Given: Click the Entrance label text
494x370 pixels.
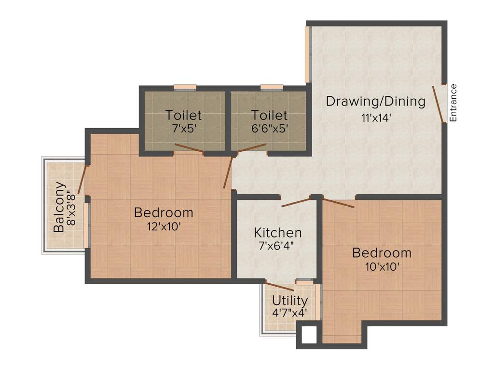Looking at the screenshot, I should [453, 103].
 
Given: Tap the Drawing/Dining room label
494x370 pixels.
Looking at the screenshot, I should [376, 102].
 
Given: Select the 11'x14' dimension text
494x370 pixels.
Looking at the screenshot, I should [375, 117].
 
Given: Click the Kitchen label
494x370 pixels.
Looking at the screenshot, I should [278, 233].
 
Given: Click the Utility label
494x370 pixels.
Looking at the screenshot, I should [289, 301].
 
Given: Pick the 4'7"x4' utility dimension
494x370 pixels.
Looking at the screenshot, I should [289, 312].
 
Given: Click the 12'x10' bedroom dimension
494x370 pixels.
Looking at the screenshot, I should [164, 226].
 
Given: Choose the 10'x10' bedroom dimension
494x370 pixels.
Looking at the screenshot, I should [382, 266].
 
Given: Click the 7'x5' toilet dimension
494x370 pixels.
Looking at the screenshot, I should [183, 129].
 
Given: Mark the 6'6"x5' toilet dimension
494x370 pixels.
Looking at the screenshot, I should [269, 129].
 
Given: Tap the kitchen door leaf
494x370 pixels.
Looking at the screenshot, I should [296, 202].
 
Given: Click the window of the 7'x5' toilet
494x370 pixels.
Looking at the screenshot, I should [185, 88].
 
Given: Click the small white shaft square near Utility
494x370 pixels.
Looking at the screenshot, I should [308, 334].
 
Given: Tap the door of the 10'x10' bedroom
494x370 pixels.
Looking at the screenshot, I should [339, 203].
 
